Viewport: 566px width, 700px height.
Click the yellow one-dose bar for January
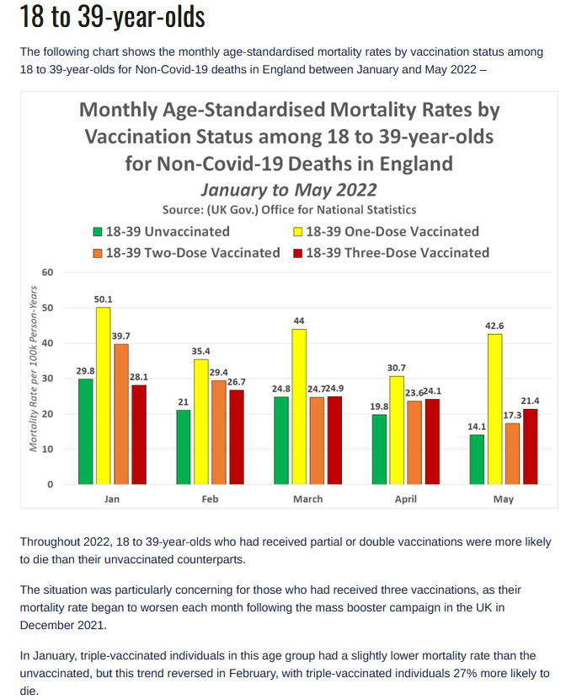tap(104, 396)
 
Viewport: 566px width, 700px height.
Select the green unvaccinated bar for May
tap(477, 460)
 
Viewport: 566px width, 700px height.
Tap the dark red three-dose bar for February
tap(237, 437)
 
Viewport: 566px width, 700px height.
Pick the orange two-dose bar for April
tap(414, 443)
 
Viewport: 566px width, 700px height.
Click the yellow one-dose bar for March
tap(299, 407)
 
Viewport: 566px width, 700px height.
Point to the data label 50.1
tap(103, 299)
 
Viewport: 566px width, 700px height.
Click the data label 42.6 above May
tap(494, 326)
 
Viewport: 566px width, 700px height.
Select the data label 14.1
tap(477, 427)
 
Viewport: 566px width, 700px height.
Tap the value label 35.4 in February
tap(200, 352)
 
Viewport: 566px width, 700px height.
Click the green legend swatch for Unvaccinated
tap(98, 232)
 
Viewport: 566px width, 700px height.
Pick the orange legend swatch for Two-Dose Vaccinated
tap(98, 253)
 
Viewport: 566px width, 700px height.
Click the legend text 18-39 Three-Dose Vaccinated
tap(398, 253)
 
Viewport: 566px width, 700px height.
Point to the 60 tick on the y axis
tap(47, 272)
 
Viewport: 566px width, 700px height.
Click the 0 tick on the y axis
tap(51, 484)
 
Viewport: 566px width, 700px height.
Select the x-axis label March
tap(308, 499)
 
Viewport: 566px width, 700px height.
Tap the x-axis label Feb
tap(210, 499)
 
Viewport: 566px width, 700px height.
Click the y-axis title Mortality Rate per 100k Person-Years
tap(34, 369)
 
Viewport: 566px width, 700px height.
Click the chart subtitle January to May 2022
tap(289, 190)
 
